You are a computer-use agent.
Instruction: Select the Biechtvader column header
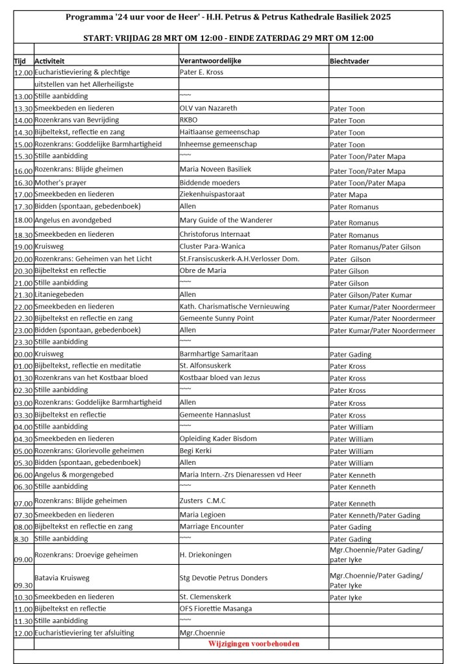351,60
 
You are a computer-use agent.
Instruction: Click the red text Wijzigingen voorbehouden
253,644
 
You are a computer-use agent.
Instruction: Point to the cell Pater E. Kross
201,72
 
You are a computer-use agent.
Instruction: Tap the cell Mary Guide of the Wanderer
225,220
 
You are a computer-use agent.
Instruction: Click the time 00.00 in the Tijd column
23,355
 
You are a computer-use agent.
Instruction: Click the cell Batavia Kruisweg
64,577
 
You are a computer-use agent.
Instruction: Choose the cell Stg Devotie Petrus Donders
223,577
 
